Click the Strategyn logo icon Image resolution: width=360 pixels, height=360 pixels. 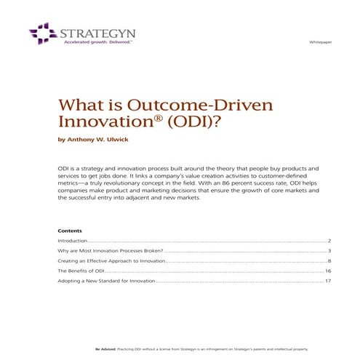41,33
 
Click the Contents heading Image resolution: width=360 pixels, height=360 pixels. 70,231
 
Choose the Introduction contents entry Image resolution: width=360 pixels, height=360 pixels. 73,240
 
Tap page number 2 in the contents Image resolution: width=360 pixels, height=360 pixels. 329,240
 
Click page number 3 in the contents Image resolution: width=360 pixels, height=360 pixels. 329,250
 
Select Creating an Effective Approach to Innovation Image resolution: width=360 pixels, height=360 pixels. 113,260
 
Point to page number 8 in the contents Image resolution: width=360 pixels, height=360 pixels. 329,260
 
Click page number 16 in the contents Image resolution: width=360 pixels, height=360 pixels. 328,271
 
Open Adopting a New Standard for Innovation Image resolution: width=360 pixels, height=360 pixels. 106,281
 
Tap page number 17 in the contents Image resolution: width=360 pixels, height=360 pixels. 328,281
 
